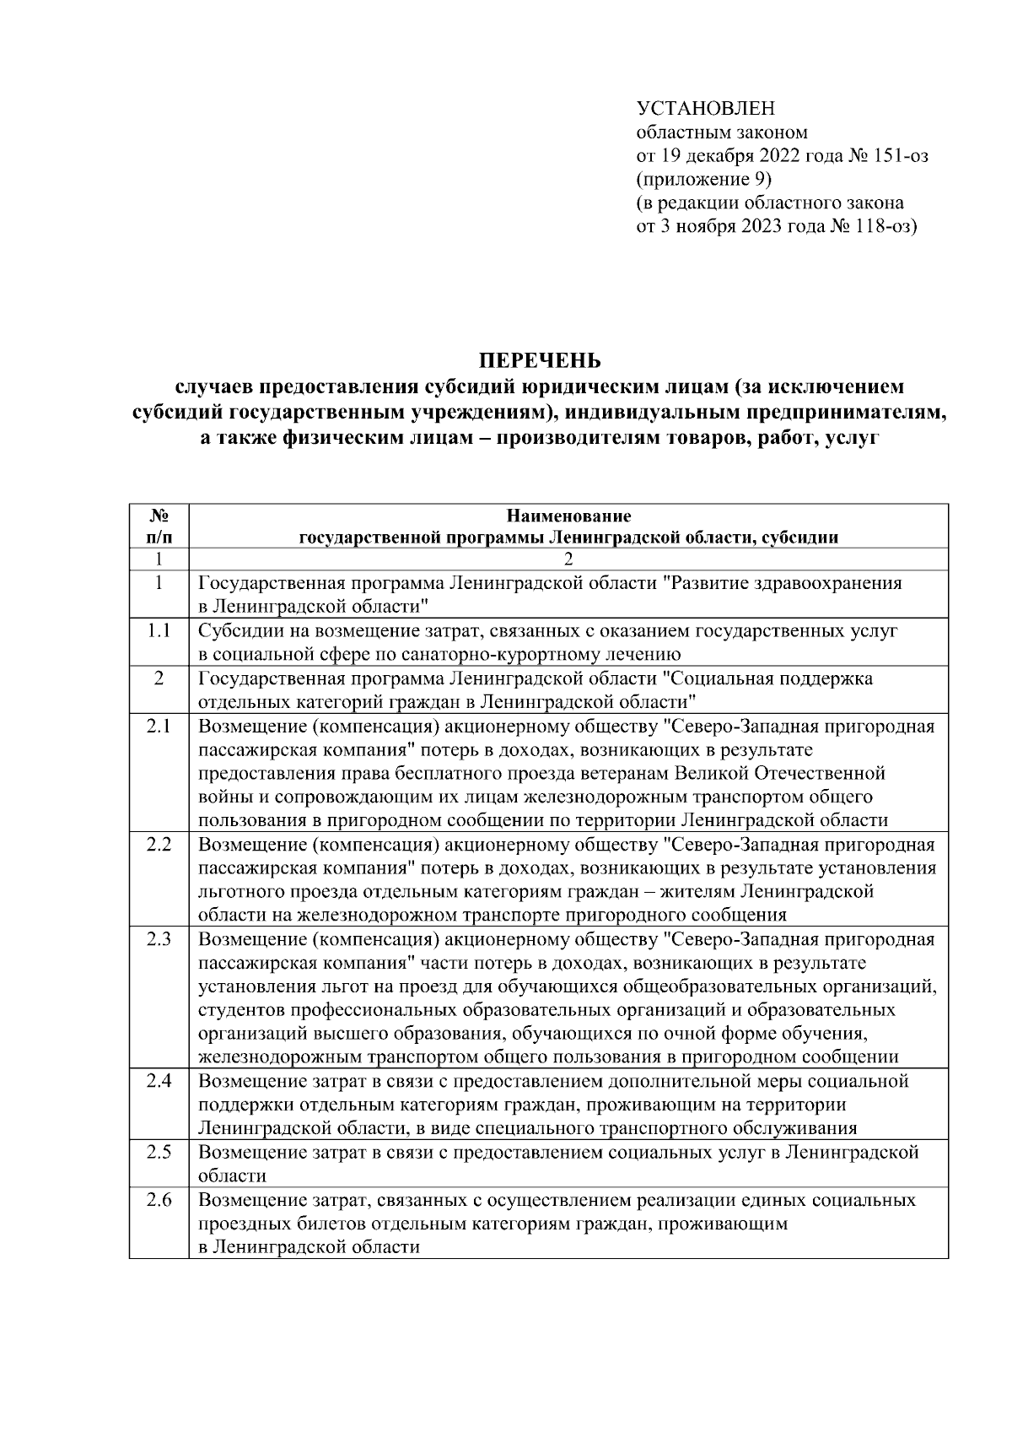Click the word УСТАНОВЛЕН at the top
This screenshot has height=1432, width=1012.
704,109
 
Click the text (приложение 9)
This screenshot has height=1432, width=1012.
703,180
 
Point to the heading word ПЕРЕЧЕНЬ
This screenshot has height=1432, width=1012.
540,361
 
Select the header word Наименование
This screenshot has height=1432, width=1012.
568,516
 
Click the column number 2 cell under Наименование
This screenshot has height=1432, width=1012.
568,559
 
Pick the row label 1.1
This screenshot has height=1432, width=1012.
159,630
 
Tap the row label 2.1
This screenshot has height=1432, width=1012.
159,726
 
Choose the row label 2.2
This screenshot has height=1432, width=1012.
159,844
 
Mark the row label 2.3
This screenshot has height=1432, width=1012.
159,939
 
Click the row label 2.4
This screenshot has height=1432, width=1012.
159,1081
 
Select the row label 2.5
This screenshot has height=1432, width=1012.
159,1153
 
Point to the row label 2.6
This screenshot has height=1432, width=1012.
159,1200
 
